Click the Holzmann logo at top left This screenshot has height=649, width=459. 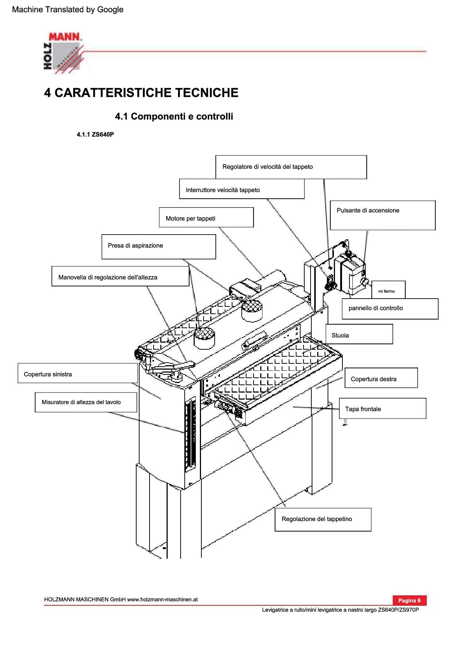coord(63,52)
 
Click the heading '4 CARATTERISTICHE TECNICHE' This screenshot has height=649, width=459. coord(141,93)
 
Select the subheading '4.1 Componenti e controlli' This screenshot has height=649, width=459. coord(174,117)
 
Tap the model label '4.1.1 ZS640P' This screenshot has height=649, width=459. coord(95,135)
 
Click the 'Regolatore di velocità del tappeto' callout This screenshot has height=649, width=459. coord(291,167)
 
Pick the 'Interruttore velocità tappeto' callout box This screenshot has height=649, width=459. coord(242,189)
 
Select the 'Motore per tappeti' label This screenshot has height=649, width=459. coord(206,218)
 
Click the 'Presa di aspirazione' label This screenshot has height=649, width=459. coord(158,246)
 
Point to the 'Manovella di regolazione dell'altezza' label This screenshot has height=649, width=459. coord(120,276)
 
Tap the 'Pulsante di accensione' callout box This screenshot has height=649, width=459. coord(382,215)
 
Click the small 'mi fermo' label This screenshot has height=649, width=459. coord(388,290)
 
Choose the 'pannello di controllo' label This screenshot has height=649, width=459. coord(390,309)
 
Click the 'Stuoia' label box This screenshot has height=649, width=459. coord(359,334)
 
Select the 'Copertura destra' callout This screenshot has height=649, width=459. coord(381,378)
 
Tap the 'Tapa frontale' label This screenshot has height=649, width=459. coord(382,408)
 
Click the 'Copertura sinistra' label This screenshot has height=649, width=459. coord(77,373)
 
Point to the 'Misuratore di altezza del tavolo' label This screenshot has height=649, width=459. coord(86,402)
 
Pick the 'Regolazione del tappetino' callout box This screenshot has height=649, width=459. coord(323,519)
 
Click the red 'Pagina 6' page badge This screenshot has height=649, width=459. coord(409,600)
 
